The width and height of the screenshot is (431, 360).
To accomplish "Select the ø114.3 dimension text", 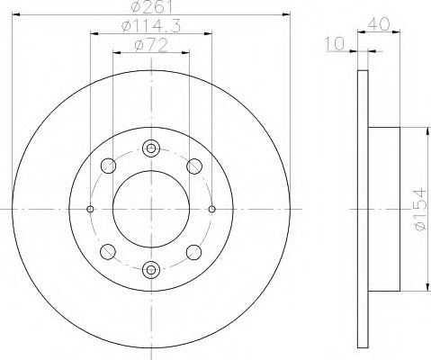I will point(150,29).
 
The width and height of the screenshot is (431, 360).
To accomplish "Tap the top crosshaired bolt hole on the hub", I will point(151,148).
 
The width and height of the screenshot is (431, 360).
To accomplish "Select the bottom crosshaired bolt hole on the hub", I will point(151,266).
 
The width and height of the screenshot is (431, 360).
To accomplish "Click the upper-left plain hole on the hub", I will point(108,166).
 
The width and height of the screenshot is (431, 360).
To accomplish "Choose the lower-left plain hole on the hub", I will point(108,250).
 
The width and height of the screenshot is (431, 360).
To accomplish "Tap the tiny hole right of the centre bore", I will point(211,208).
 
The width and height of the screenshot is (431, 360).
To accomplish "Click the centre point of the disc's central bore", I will point(151,208).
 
